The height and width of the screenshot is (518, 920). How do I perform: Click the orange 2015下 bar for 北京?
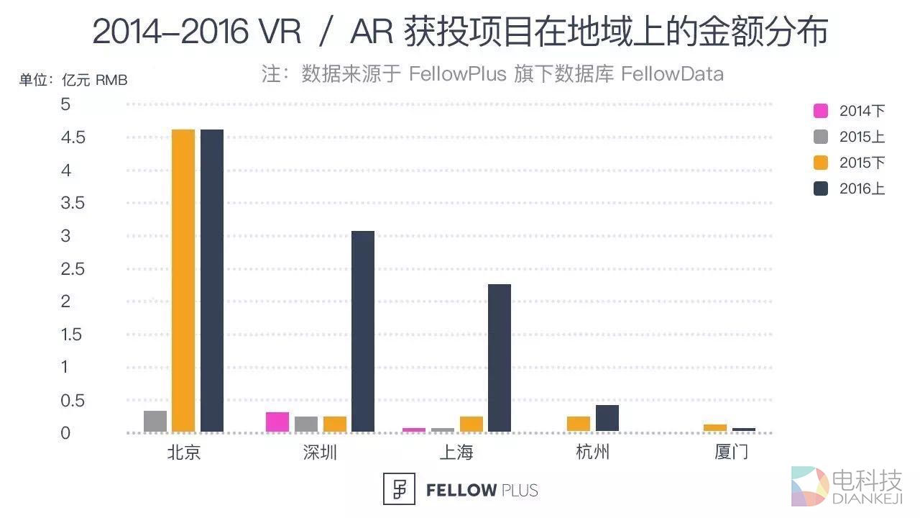[x=183, y=281]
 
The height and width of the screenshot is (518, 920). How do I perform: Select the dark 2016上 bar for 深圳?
[x=363, y=331]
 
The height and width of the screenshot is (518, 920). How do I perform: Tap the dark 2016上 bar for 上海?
[x=500, y=358]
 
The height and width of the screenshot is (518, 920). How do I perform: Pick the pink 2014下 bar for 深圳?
[x=277, y=422]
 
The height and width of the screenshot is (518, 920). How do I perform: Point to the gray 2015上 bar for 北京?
[x=155, y=421]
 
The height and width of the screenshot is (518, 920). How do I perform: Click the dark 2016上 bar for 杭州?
[x=607, y=418]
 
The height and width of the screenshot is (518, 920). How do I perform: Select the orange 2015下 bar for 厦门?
[x=715, y=427]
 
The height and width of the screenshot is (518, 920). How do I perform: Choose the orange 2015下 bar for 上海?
[x=471, y=424]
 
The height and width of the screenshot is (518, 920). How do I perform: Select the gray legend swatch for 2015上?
[x=821, y=137]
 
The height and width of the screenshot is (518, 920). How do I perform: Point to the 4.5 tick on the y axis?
[x=73, y=137]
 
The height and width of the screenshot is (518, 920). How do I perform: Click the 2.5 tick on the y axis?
[x=73, y=269]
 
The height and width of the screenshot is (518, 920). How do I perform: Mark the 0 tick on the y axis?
[x=66, y=433]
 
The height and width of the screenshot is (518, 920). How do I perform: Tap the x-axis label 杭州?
[x=593, y=453]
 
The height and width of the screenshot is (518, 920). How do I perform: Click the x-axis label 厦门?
[x=731, y=453]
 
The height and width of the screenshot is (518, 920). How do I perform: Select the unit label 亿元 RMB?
[x=95, y=80]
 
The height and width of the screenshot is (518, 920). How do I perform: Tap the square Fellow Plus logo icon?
[x=400, y=490]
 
